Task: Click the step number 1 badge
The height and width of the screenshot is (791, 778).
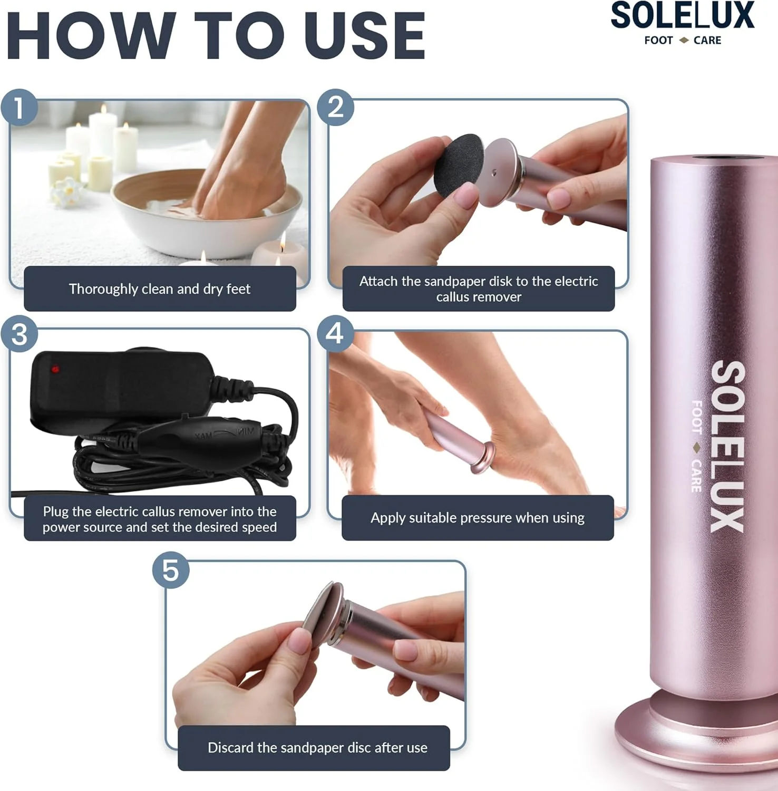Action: click(20, 108)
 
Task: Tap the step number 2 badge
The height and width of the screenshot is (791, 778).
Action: click(336, 108)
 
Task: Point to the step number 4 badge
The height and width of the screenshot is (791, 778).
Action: click(335, 333)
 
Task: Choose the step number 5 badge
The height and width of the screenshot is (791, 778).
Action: click(171, 570)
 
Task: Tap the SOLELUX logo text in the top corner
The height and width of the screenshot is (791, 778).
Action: click(683, 16)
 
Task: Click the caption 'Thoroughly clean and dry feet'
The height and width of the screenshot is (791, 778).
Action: click(160, 289)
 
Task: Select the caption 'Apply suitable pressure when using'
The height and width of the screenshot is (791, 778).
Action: click(478, 518)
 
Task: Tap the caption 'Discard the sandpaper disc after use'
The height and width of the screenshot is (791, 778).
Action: click(317, 748)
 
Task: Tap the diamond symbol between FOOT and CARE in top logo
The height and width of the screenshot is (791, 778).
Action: click(684, 41)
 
